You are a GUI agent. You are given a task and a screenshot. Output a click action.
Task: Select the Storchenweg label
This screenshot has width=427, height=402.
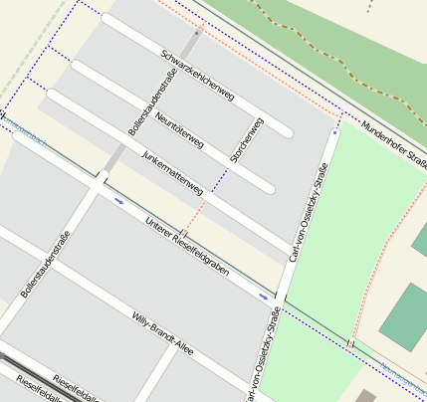247,140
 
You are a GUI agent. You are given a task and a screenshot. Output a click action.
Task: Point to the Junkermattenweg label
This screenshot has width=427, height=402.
172,172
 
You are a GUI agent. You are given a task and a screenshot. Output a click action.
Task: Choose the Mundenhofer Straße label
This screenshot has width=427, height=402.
393,142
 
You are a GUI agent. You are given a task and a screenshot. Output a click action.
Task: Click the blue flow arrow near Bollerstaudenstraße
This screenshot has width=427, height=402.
119,201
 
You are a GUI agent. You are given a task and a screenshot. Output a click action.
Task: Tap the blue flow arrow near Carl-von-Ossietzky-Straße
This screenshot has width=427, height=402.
264,296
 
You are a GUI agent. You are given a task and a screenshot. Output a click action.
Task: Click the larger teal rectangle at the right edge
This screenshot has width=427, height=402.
404,316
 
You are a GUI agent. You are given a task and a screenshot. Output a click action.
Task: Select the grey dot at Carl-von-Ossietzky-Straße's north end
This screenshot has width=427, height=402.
335,130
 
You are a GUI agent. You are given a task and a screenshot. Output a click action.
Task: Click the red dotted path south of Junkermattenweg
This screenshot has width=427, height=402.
194,216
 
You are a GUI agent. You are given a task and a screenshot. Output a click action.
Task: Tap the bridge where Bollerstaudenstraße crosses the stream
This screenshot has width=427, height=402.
101,179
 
